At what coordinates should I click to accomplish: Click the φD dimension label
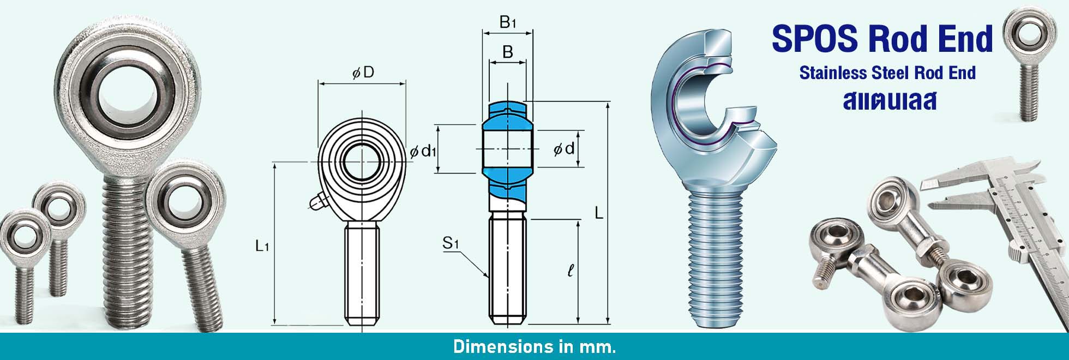(x=363, y=73)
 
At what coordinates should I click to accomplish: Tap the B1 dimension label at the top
(x=507, y=22)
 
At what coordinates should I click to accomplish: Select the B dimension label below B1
(x=508, y=52)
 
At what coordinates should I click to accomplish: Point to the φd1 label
(x=423, y=151)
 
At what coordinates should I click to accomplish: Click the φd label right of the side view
(x=564, y=148)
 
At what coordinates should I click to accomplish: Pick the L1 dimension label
(x=262, y=246)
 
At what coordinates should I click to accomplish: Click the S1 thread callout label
(x=451, y=243)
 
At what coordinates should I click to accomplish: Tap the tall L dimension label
(x=599, y=213)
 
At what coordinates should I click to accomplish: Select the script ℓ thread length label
(x=570, y=270)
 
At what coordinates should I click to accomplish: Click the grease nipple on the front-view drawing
(x=317, y=202)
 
